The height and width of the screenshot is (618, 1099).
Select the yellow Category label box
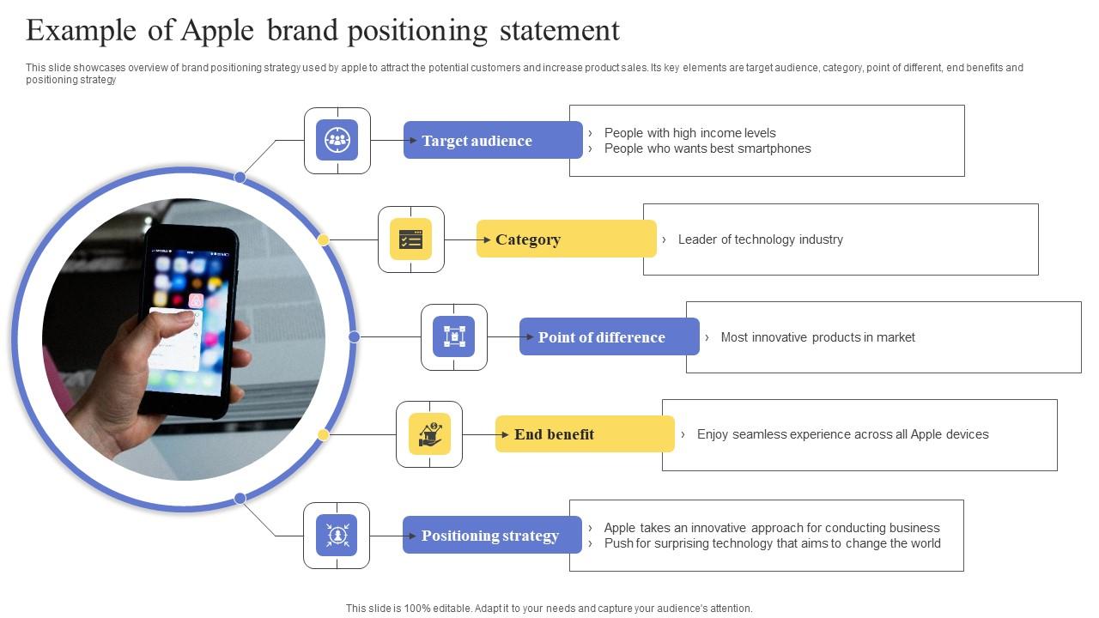(567, 239)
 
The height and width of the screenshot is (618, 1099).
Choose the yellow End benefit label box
(585, 434)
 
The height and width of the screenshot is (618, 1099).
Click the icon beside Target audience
(337, 141)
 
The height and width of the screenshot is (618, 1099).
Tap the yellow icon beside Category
(411, 239)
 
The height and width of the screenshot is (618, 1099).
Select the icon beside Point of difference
(454, 337)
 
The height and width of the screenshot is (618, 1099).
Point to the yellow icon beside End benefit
(429, 434)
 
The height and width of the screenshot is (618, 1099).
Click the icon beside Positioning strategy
(337, 536)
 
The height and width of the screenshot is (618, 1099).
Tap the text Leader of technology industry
(760, 239)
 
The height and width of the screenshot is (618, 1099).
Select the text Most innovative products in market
(817, 337)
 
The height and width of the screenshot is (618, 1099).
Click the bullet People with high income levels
(689, 133)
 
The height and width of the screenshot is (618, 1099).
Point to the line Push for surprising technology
(772, 543)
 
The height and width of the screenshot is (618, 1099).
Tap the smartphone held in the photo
(191, 318)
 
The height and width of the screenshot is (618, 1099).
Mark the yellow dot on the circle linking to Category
(324, 240)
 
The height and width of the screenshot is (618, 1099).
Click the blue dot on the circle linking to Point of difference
(354, 337)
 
